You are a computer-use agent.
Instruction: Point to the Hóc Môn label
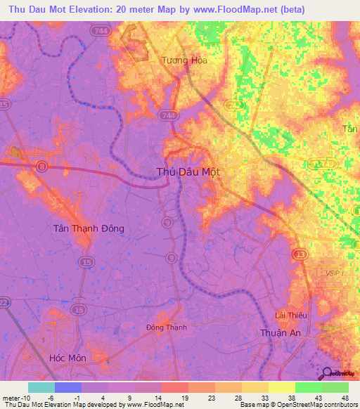click(67, 358)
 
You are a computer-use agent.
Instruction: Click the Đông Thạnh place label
click(165, 327)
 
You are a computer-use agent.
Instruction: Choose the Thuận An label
click(281, 333)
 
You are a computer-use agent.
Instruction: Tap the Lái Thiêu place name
click(288, 316)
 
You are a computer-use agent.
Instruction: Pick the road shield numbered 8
click(43, 166)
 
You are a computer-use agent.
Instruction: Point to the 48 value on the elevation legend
click(344, 397)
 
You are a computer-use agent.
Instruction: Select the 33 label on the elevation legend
click(263, 397)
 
